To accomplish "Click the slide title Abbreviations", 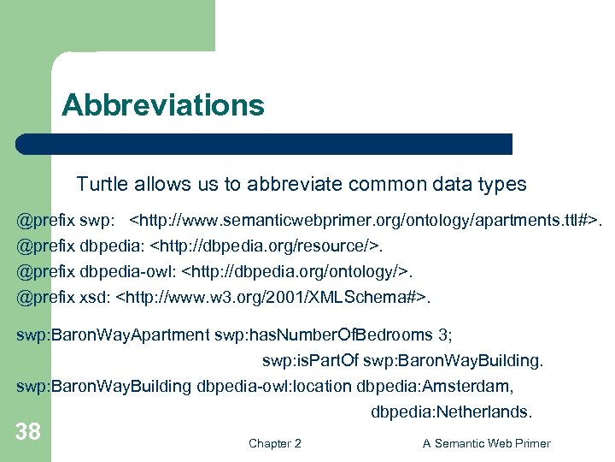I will pyautogui.click(x=163, y=106).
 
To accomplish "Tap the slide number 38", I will pyautogui.click(x=27, y=432).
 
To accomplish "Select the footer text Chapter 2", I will pyautogui.click(x=274, y=443).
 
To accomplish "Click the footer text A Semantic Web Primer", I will pyautogui.click(x=487, y=443).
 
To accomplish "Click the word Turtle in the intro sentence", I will pyautogui.click(x=100, y=184).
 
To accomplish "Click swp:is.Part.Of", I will pyautogui.click(x=311, y=360).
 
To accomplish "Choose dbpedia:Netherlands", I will pyautogui.click(x=451, y=412).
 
